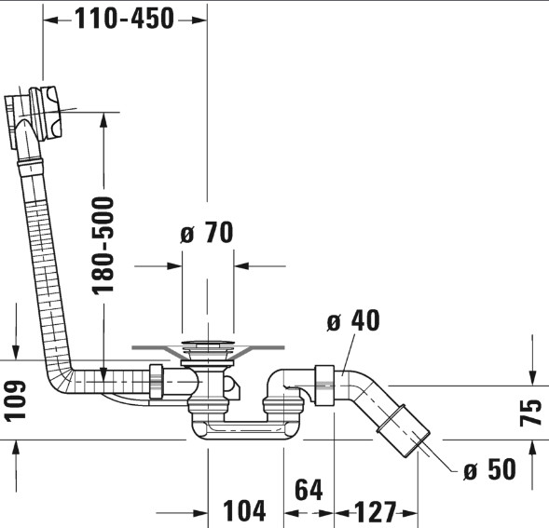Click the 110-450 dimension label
tap(124, 19)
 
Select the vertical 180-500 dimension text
tap(103, 246)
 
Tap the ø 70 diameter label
tap(207, 232)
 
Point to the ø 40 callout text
tap(353, 320)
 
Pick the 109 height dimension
tap(15, 399)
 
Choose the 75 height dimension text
tap(530, 413)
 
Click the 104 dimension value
tap(244, 511)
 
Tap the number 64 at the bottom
tap(309, 490)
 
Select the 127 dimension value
tap(376, 511)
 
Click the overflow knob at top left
tap(46, 113)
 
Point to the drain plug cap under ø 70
tap(208, 344)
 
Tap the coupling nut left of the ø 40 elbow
tap(323, 386)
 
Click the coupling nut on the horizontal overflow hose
tap(157, 382)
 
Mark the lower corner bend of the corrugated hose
tap(61, 378)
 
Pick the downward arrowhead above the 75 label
tap(532, 377)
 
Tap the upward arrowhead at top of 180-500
tap(103, 121)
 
